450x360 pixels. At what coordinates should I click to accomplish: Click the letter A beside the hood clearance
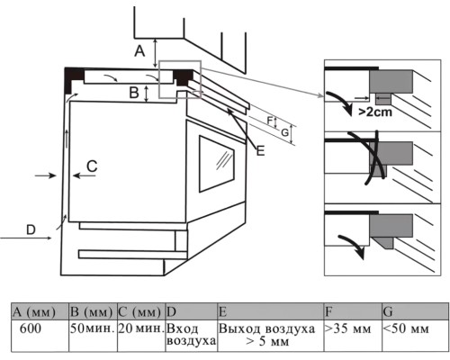139,51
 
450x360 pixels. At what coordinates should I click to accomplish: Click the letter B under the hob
134,93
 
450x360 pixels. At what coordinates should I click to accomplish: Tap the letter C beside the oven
92,166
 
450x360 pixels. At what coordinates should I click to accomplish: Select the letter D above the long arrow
31,229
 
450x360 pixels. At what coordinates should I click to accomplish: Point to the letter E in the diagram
260,150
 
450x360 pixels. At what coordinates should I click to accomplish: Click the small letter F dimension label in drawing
270,121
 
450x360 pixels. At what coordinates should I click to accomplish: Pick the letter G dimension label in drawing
285,132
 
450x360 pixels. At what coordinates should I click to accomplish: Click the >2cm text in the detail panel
375,112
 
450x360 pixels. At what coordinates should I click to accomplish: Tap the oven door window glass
217,164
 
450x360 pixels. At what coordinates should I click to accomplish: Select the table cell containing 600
40,336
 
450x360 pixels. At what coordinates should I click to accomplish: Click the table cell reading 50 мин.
93,336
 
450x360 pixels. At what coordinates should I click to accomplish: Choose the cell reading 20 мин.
141,336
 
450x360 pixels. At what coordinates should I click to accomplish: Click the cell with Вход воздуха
192,336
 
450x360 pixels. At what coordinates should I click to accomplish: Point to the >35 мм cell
353,336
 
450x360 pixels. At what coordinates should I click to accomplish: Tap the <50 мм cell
415,336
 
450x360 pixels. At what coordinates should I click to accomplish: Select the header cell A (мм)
40,311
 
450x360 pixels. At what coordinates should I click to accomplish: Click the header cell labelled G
415,311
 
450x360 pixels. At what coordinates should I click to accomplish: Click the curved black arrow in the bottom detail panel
354,246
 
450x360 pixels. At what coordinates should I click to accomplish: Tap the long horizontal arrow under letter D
26,238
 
